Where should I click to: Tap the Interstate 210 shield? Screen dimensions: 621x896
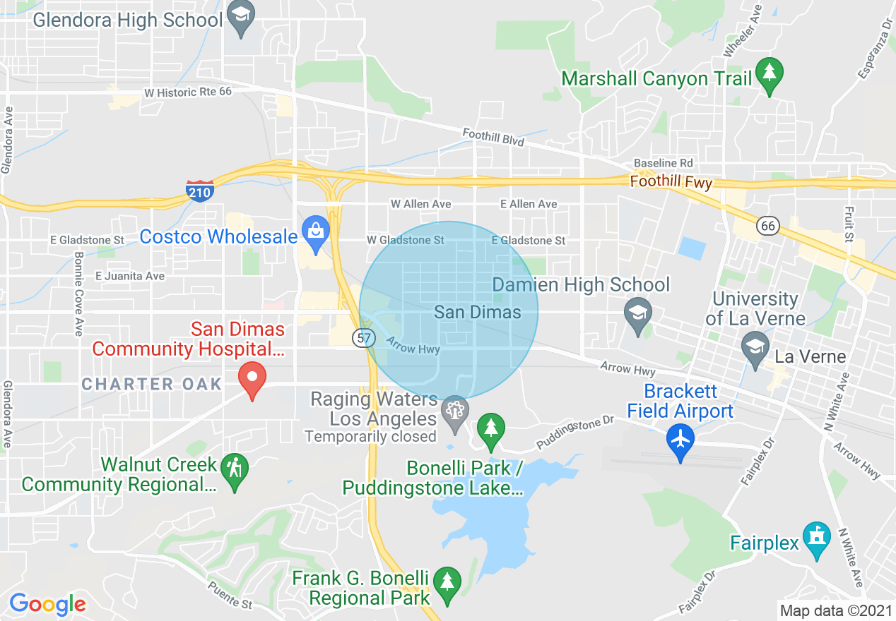click(200, 191)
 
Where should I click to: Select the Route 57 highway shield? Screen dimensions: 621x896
click(364, 338)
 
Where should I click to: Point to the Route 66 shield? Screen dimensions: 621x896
click(767, 226)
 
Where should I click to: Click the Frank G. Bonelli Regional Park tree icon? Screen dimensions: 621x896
click(447, 584)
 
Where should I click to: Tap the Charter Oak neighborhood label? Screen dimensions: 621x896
click(152, 384)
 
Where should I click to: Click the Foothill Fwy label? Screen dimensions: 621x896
click(671, 182)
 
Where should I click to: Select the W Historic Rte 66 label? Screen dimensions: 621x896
click(187, 92)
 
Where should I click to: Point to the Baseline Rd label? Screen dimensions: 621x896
click(664, 163)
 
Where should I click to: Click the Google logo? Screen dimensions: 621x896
click(47, 604)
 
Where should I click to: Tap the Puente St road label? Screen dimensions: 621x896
click(230, 595)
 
